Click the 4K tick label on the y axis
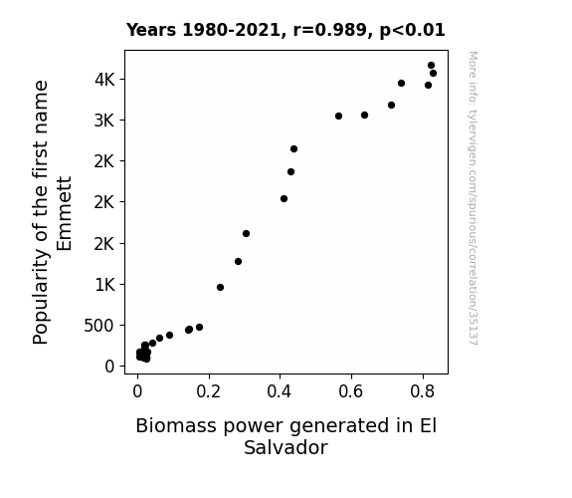coord(104,80)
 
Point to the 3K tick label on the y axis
coord(104,121)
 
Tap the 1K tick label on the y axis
coord(105,284)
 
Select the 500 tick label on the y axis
coord(99,325)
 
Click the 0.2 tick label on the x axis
coord(208,391)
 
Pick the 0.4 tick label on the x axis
coord(280,391)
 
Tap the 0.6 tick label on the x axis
coord(351,391)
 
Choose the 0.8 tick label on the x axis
coord(423,391)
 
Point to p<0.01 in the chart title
coord(413,31)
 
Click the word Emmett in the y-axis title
coord(65,214)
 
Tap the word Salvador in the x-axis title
coord(286,447)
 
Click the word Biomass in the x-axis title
coord(176,425)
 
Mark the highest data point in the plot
coord(431,66)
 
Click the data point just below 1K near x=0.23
coord(220,288)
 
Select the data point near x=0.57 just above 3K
coord(338,117)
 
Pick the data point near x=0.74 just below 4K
coord(401,84)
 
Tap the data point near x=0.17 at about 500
coord(200,328)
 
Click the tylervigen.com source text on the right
coord(473,198)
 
